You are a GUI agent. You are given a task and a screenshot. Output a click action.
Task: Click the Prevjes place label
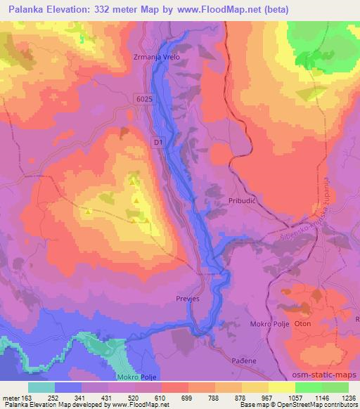(188, 298)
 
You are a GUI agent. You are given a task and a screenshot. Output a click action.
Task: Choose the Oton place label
(302, 324)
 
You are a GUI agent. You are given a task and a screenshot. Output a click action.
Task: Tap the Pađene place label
(243, 360)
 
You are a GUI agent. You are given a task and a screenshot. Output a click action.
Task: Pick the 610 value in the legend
(161, 397)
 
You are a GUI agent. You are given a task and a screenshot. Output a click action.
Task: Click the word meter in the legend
(10, 397)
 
